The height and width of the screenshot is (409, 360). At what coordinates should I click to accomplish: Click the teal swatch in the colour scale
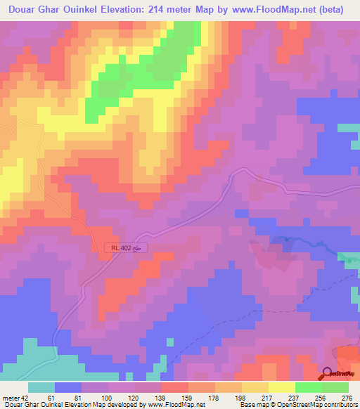tap(41, 387)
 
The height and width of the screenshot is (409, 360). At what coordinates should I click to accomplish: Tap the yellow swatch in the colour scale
tap(282, 387)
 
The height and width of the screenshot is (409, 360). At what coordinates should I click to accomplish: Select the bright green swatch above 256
tap(309, 387)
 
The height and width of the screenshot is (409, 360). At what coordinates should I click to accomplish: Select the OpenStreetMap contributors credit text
tap(326, 405)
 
